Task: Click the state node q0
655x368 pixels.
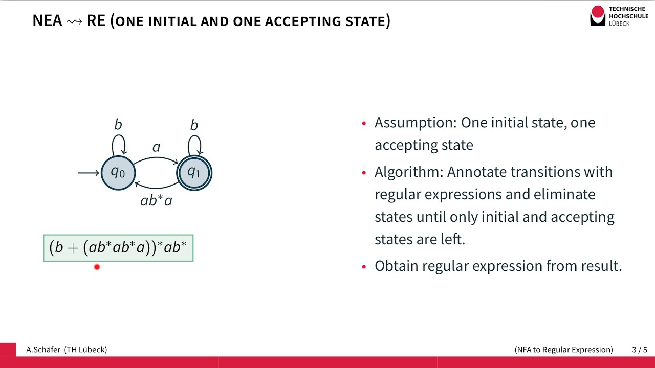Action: click(x=118, y=173)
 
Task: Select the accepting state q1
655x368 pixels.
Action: click(x=194, y=173)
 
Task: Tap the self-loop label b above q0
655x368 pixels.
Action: click(x=118, y=125)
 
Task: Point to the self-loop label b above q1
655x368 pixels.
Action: click(x=194, y=125)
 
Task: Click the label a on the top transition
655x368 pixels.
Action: click(x=156, y=148)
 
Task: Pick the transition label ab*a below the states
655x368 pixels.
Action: click(x=156, y=201)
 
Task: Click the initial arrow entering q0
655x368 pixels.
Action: click(x=89, y=173)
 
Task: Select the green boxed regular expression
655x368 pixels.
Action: click(x=118, y=248)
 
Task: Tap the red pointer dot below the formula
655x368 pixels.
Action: click(x=97, y=267)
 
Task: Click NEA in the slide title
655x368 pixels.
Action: click(x=47, y=21)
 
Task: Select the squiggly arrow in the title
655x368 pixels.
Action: click(x=74, y=21)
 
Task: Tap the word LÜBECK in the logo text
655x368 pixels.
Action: click(x=619, y=24)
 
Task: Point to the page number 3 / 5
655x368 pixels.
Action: click(x=640, y=350)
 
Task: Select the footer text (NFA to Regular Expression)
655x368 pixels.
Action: click(x=563, y=350)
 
